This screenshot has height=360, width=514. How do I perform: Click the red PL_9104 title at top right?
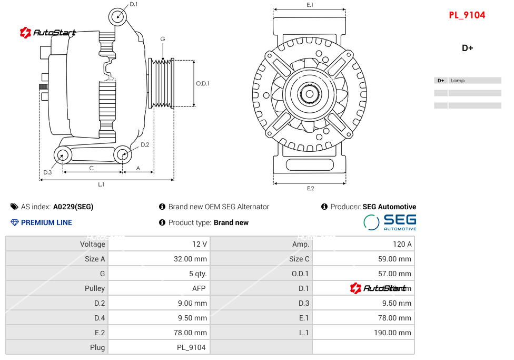coord(467,15)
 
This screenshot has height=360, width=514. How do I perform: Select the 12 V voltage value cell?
coord(200,244)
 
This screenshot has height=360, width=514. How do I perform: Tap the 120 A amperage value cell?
coord(402,244)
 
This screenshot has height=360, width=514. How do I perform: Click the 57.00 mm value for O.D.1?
coord(395,274)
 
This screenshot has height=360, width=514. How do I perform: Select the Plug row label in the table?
coord(97,347)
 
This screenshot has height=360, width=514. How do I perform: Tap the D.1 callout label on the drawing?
coord(134,4)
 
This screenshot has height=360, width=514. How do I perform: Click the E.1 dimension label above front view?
coord(310,5)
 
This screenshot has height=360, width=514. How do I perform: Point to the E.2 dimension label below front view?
coord(310,188)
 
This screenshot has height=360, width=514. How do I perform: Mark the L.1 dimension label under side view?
coord(101,184)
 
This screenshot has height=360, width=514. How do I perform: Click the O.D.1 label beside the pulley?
coord(203,83)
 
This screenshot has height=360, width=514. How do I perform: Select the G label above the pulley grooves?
coord(163,39)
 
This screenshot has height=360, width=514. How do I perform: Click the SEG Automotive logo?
coord(390,222)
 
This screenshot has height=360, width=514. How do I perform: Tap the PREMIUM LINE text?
coord(46,222)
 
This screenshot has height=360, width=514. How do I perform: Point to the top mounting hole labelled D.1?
coord(118,17)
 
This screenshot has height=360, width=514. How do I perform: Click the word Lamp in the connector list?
coord(458,81)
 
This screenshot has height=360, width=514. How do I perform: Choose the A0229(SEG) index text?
coord(73,207)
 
